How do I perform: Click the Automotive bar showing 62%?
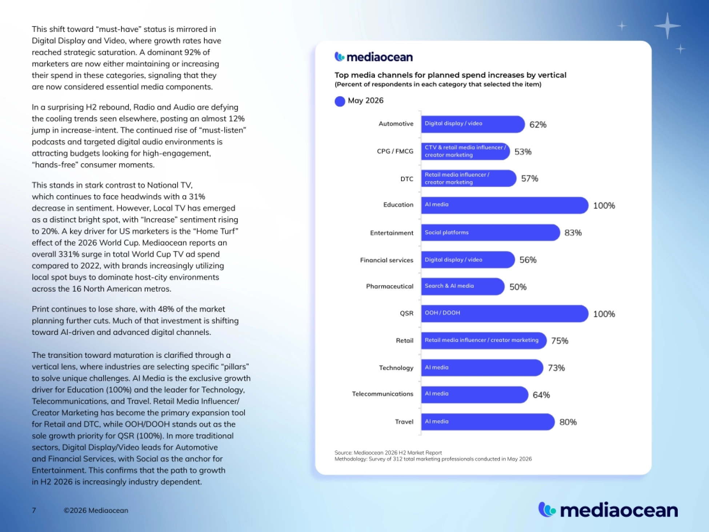pyautogui.click(x=473, y=124)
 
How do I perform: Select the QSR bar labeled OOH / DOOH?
pyautogui.click(x=505, y=313)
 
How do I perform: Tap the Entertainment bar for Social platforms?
pyautogui.click(x=490, y=232)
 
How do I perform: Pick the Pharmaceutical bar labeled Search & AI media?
pyautogui.click(x=462, y=286)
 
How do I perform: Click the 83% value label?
pyautogui.click(x=573, y=233)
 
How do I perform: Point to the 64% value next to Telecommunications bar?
pyautogui.click(x=541, y=395)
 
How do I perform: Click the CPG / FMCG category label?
pyautogui.click(x=395, y=151)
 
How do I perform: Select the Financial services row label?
pyautogui.click(x=386, y=260)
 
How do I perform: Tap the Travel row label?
pyautogui.click(x=404, y=422)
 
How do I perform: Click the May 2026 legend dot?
pyautogui.click(x=340, y=101)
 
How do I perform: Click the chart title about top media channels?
pyautogui.click(x=450, y=75)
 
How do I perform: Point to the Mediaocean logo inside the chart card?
pyautogui.click(x=373, y=57)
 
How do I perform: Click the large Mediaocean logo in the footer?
pyautogui.click(x=608, y=510)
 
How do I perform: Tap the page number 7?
pyautogui.click(x=34, y=510)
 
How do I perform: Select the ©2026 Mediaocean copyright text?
pyautogui.click(x=96, y=510)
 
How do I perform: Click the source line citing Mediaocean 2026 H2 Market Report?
pyautogui.click(x=388, y=453)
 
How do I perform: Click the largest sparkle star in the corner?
pyautogui.click(x=667, y=26)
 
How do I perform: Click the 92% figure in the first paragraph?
pyautogui.click(x=192, y=52)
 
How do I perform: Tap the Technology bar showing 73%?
pyautogui.click(x=482, y=368)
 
